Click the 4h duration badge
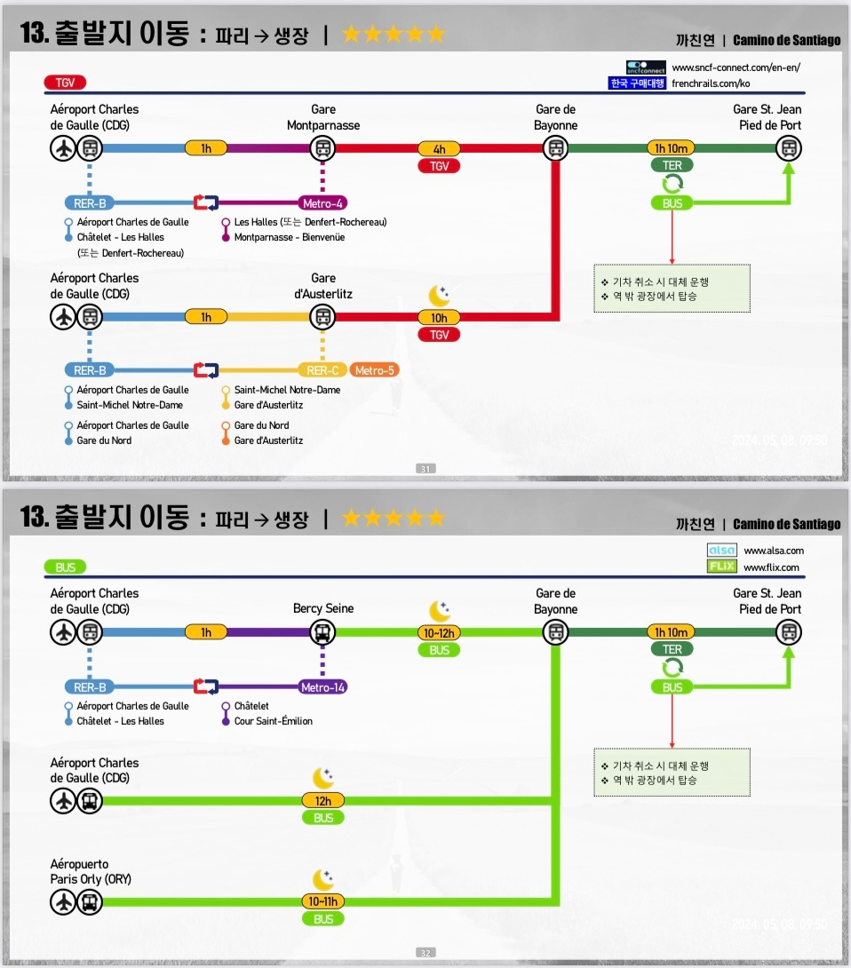click(x=439, y=149)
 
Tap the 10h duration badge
click(x=439, y=318)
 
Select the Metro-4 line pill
click(x=322, y=203)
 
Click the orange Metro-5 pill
click(x=373, y=370)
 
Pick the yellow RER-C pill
click(x=322, y=370)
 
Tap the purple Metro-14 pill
click(x=322, y=686)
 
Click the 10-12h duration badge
click(x=439, y=633)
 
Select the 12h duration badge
click(x=322, y=801)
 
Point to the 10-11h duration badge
click(x=322, y=902)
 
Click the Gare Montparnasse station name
click(x=323, y=117)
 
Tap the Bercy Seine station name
click(x=323, y=609)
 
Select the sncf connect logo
click(x=645, y=67)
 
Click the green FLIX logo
click(x=721, y=567)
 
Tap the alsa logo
click(x=721, y=551)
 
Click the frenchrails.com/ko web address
click(x=711, y=83)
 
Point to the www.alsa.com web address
click(x=773, y=551)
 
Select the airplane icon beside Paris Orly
click(x=62, y=903)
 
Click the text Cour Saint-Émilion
click(x=273, y=721)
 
